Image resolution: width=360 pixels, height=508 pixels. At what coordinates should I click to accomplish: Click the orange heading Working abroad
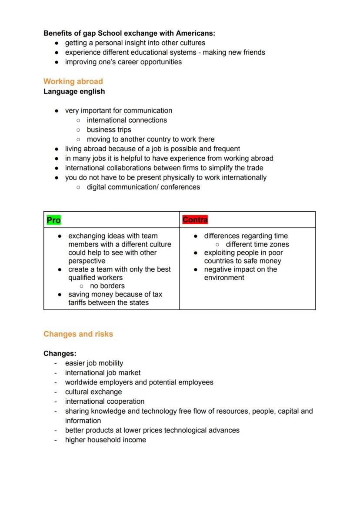tap(73, 81)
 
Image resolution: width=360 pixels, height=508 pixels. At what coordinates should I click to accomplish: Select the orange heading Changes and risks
tap(78, 334)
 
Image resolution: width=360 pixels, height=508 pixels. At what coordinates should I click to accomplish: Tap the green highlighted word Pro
tap(53, 220)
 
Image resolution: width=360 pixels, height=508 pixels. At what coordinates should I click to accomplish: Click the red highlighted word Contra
tap(195, 220)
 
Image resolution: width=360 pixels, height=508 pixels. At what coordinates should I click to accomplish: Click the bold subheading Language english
tap(74, 91)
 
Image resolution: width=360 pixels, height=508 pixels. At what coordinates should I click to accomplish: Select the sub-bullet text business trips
tap(109, 129)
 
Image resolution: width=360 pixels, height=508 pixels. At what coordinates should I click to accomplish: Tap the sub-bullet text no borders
tap(107, 286)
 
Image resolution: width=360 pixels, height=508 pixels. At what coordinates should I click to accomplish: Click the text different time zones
tap(257, 244)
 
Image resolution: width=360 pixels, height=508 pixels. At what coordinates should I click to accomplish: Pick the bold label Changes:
tap(60, 354)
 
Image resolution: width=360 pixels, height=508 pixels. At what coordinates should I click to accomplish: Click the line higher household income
tap(105, 440)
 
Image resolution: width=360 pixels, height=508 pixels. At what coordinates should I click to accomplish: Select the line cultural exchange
tap(93, 392)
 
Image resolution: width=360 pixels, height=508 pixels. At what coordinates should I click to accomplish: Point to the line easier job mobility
tap(94, 363)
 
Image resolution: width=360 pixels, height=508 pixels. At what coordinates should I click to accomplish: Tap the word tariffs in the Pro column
tap(79, 302)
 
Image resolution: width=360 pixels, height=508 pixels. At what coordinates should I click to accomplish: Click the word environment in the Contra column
tap(224, 278)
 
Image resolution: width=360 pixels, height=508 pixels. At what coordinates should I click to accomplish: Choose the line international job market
tap(103, 373)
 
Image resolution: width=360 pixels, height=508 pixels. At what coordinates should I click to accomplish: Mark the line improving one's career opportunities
tap(123, 62)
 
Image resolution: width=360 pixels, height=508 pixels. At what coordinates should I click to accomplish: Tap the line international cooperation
tap(104, 402)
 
